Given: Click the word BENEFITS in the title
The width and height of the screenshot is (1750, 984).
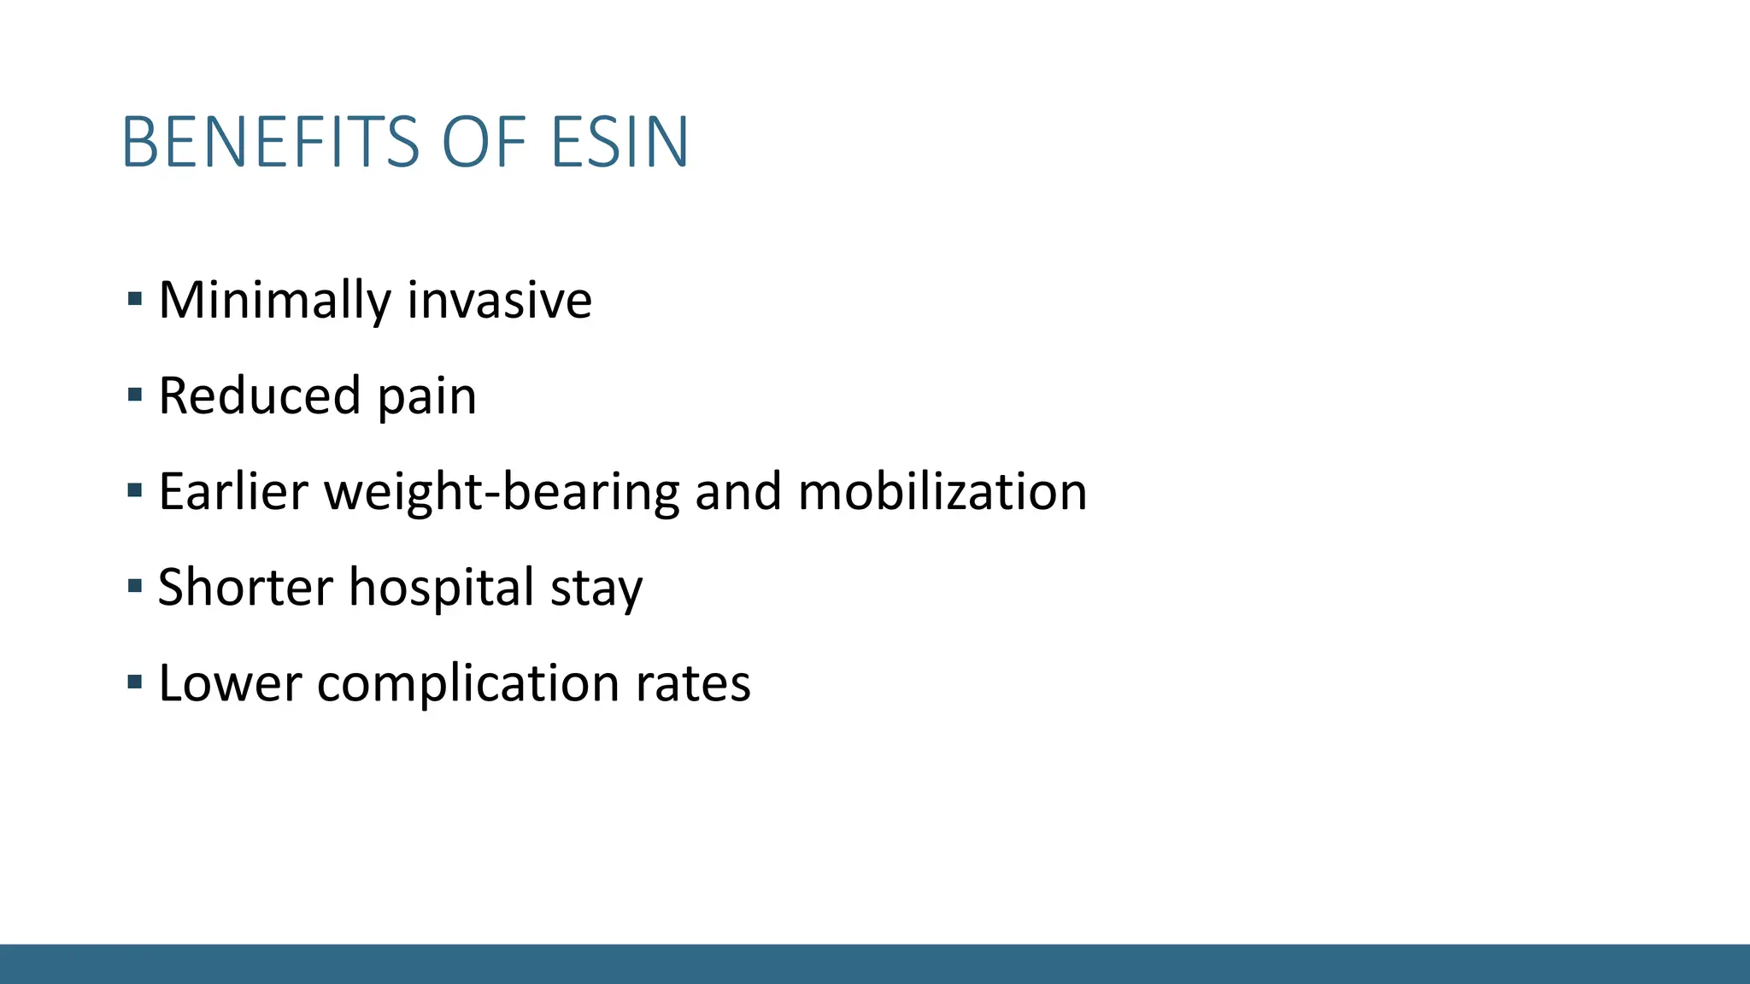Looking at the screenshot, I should coord(271,142).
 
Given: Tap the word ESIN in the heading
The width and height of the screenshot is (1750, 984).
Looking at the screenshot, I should coord(620,142).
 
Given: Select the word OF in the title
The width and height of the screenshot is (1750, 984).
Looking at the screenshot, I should coord(484,142).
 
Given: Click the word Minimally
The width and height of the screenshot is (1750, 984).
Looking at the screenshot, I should coord(274,301).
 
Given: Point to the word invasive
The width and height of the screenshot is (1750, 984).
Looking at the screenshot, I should coord(499,301).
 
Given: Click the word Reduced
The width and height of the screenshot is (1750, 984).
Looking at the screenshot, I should coord(260,396).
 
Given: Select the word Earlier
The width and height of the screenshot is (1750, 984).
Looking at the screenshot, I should coord(232,492).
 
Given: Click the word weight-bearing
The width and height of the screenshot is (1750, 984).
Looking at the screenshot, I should coord(502,494).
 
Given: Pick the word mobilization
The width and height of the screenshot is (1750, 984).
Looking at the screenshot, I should coord(943,492).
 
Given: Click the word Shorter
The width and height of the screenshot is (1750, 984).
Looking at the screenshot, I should coord(245,588).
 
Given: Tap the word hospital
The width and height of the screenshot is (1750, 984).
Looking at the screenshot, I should coord(441,589).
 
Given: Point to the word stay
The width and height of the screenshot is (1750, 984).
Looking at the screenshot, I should coord(596,589).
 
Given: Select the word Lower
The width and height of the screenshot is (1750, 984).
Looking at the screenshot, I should coord(230,683).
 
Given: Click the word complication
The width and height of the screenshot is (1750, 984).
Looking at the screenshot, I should coord(468,685).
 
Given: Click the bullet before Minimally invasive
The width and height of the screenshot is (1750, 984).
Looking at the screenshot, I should coord(134,300).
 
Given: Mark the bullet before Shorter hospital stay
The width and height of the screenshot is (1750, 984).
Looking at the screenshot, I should coord(134,587).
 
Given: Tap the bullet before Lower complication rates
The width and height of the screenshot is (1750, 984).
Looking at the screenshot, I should coord(134,682).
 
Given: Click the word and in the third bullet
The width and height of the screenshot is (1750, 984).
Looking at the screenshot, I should coord(738,492).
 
